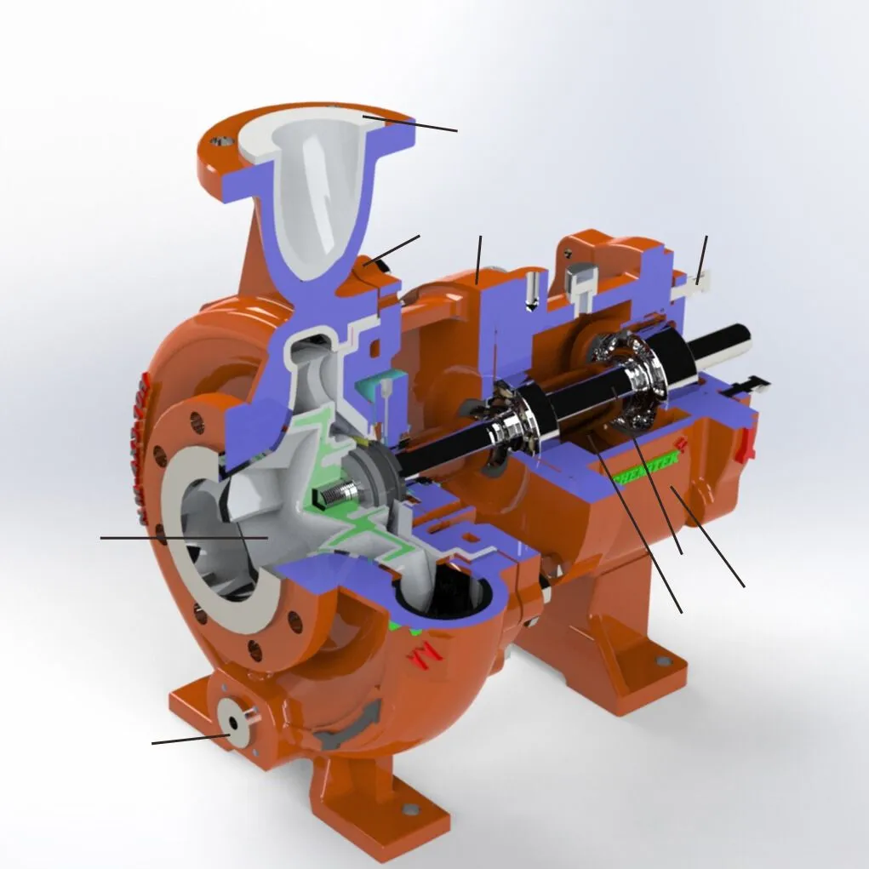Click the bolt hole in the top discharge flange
[x=223, y=137]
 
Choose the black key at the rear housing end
[x=753, y=383]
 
